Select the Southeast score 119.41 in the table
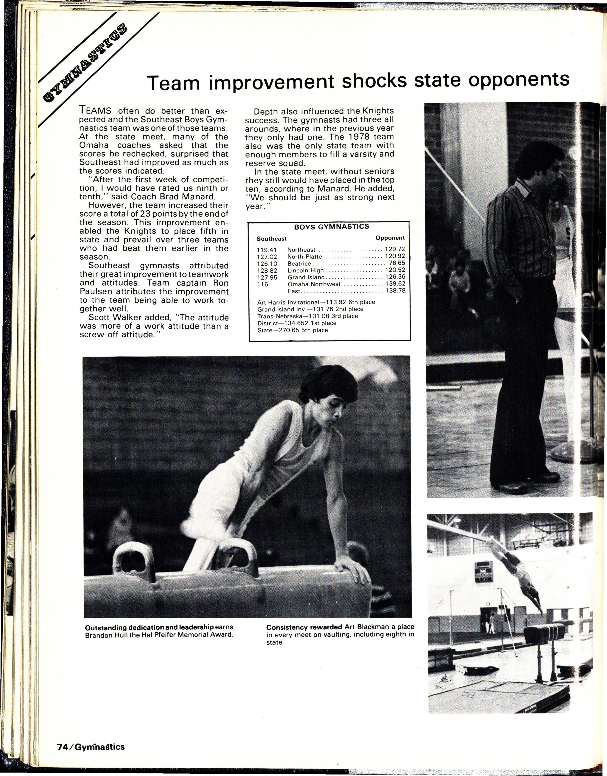pyautogui.click(x=267, y=250)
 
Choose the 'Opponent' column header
pyautogui.click(x=390, y=238)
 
